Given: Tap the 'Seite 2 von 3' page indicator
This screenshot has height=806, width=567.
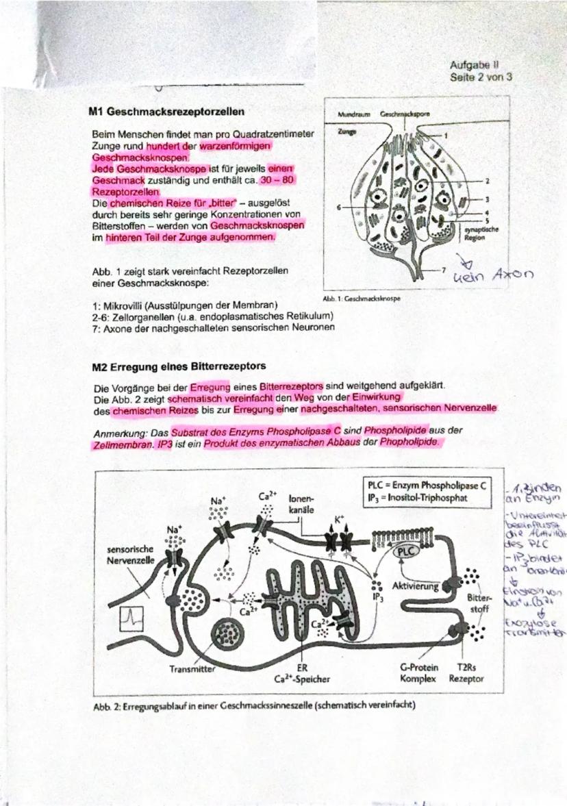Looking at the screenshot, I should click(481, 77).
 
